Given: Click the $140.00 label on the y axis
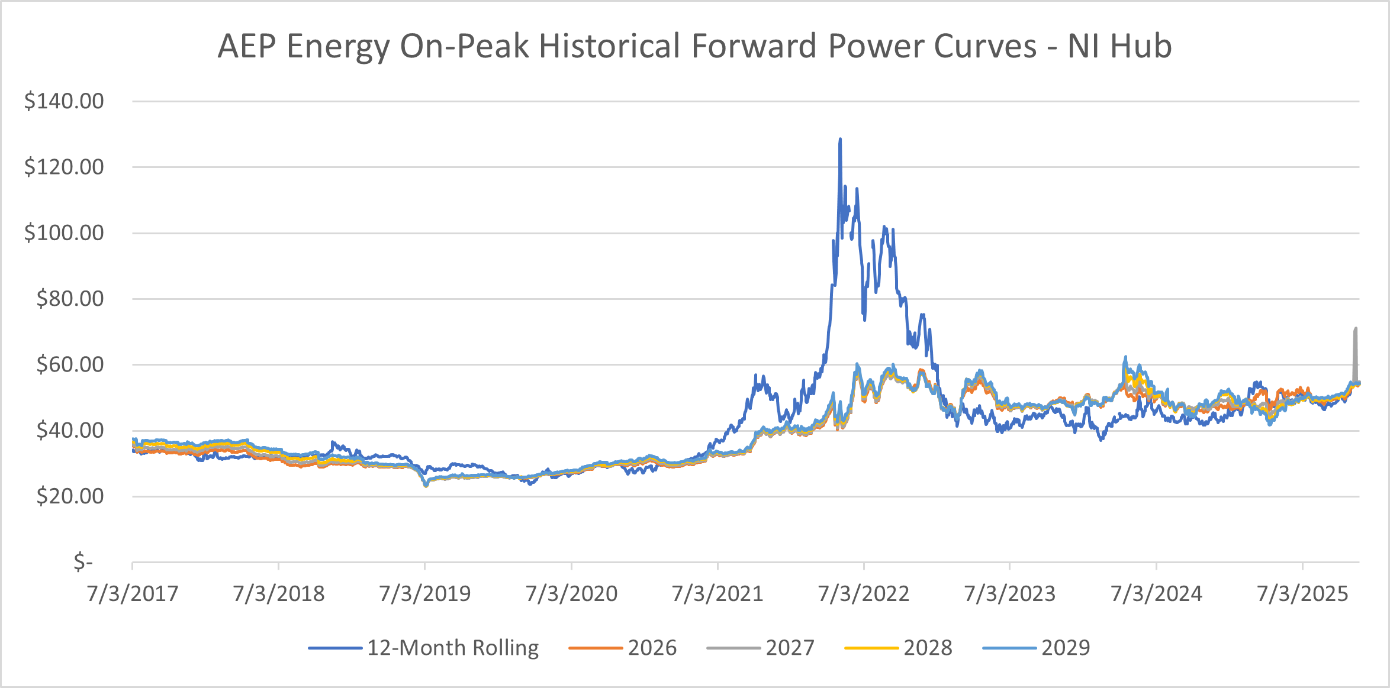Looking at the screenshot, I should pos(64,101).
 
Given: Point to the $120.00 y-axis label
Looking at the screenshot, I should pos(64,167).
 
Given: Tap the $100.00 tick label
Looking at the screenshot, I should pos(64,232).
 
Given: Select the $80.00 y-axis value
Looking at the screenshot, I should pos(70,298).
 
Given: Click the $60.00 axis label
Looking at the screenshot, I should pos(70,364).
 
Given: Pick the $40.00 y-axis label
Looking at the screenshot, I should pos(70,430).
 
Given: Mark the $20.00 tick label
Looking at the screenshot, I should pos(70,496).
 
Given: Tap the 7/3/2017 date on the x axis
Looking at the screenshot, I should pos(133,593).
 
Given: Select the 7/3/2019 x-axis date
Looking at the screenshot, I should pos(425,593).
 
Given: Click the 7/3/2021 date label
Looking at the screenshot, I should pos(717,593).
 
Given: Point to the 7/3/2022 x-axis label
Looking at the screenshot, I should pos(864,593).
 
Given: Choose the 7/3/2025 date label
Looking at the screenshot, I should pos(1302,593).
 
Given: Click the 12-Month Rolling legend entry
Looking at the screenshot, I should pos(453,648).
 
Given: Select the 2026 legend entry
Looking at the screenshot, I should pos(652,648).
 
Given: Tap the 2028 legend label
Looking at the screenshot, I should pos(928,648).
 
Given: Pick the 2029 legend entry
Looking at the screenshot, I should pos(1066,648).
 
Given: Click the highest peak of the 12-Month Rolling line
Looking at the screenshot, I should pos(840,140).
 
